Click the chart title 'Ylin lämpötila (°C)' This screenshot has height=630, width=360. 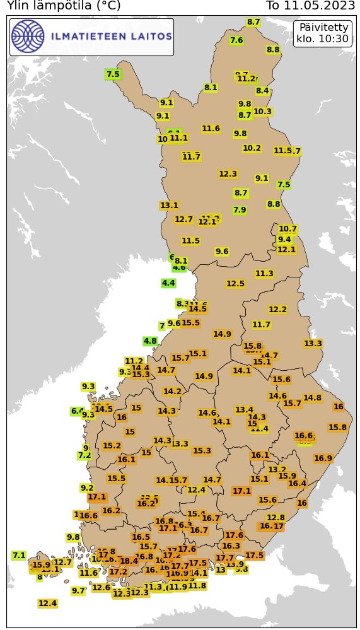pos(63,6)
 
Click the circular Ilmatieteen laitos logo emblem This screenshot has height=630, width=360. pos(28,36)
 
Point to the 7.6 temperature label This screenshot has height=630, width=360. pos(236,40)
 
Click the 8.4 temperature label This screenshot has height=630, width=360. pos(262,91)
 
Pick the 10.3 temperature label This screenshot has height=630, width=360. pos(262,112)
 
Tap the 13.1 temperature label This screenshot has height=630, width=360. pos(169,206)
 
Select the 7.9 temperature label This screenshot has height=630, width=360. pos(240,210)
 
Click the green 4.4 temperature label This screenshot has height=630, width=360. pos(168,283)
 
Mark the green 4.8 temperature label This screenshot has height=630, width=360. pos(150,341)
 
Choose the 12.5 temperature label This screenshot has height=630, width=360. pos(235,284)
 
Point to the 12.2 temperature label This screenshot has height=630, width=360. pos(277,310)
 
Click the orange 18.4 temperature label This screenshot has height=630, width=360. pos(129,561)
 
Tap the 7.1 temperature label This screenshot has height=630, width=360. pos(19,556)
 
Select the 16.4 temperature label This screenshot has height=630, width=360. pos(297,484)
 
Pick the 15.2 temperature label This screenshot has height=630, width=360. pos(112,446)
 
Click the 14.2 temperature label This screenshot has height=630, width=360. pos(172,392)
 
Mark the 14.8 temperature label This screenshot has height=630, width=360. pos(312,398)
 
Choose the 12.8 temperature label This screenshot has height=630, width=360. pos(276,518)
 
